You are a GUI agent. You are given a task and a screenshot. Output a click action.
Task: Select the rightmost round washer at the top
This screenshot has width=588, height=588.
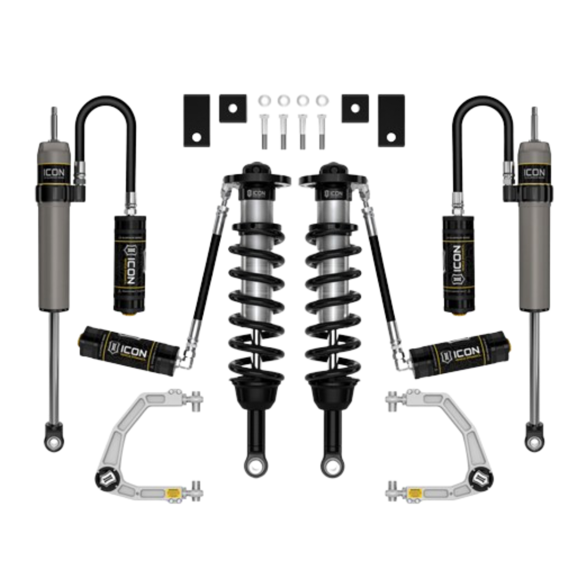click(x=322, y=100)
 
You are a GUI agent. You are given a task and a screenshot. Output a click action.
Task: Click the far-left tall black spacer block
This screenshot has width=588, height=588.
click(x=197, y=121)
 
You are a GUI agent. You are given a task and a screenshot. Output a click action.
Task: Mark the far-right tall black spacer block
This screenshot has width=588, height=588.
click(x=391, y=121)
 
